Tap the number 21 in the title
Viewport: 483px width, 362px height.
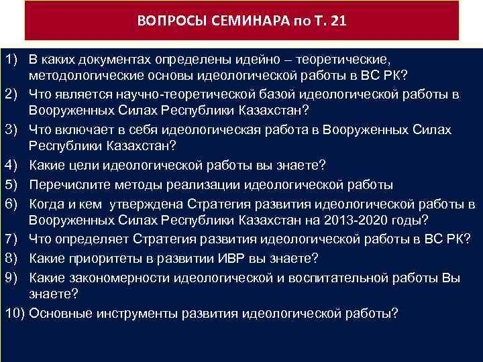pyautogui.click(x=339, y=20)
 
